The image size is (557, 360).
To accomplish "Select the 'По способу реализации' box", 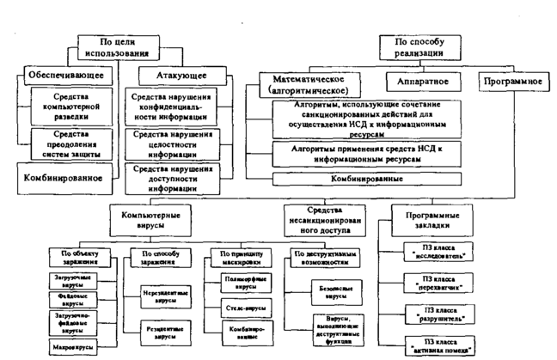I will pos(413,46).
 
